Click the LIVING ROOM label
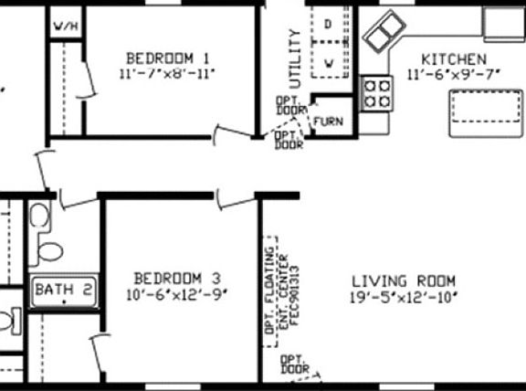pyautogui.click(x=403, y=281)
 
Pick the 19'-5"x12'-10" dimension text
pyautogui.click(x=403, y=298)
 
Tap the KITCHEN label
pyautogui.click(x=447, y=58)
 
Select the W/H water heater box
pyautogui.click(x=65, y=26)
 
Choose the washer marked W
pyautogui.click(x=329, y=62)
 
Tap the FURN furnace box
pyautogui.click(x=327, y=121)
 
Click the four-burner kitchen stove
pyautogui.click(x=377, y=93)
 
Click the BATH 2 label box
pyautogui.click(x=63, y=290)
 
